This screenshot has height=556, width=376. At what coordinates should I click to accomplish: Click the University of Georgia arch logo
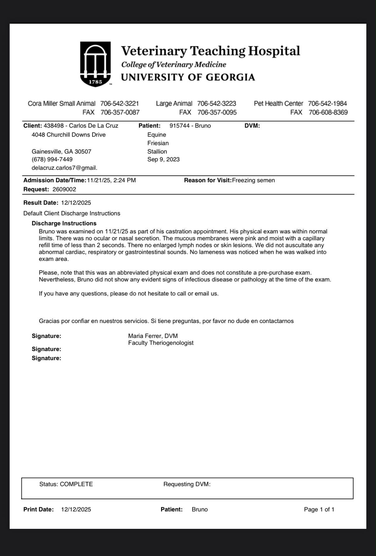click(x=95, y=64)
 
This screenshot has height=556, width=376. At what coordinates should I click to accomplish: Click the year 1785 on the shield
click(x=95, y=82)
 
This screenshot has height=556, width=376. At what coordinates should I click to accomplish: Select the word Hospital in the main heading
click(x=274, y=51)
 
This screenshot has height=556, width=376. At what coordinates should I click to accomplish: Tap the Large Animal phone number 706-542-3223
click(x=217, y=104)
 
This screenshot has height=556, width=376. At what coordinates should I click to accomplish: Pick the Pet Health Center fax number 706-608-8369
click(x=328, y=112)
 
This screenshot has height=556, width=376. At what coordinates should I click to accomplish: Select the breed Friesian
click(x=158, y=143)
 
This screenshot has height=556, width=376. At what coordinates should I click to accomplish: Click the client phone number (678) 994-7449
click(x=52, y=159)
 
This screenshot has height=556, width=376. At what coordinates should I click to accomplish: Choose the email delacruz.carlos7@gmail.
click(x=65, y=168)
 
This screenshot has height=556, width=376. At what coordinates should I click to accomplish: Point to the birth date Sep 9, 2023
click(x=163, y=159)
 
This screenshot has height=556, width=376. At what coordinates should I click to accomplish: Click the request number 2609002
click(x=64, y=189)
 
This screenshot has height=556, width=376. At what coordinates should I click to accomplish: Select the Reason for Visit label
click(x=208, y=180)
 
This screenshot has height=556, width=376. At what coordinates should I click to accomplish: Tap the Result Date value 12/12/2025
click(x=76, y=203)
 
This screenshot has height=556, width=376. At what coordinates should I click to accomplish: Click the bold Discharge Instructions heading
click(x=64, y=223)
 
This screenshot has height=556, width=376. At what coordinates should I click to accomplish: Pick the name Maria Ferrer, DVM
click(x=153, y=336)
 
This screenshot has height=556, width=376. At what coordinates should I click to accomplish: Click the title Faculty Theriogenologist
click(x=161, y=343)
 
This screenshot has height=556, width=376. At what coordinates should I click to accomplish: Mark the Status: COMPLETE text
click(x=66, y=484)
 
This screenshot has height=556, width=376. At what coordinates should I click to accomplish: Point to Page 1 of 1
click(x=319, y=510)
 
